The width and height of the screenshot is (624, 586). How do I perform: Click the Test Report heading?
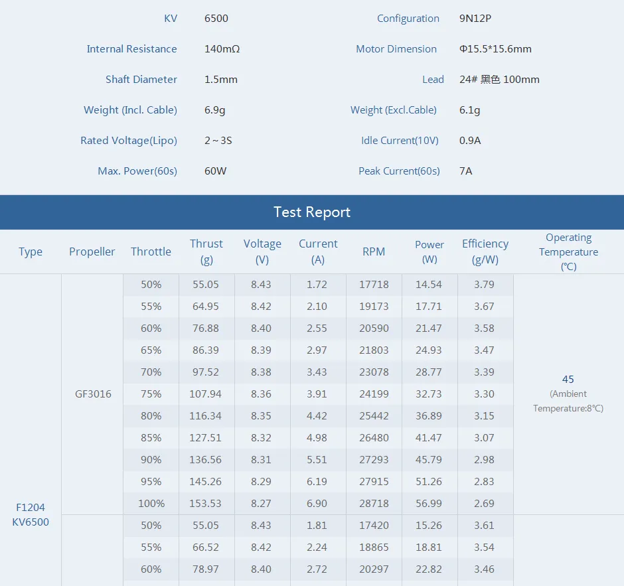312,212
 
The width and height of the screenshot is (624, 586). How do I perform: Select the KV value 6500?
216,19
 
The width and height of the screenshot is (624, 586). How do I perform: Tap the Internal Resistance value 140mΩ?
222,49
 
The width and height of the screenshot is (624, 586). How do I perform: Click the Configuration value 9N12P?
475,19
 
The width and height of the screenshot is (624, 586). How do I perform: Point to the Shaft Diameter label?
141,80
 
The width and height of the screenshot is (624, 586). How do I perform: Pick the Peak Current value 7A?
465,171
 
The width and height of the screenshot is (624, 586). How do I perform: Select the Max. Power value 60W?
215,171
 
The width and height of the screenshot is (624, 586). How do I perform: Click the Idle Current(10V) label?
400,141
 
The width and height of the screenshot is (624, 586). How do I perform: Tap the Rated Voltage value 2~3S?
218,141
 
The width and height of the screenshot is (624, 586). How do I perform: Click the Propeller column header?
92,252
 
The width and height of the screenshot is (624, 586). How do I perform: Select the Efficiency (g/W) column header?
485,252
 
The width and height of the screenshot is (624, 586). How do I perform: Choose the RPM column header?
374,252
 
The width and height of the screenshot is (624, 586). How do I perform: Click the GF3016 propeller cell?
93,394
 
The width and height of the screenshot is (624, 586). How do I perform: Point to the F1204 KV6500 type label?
31,514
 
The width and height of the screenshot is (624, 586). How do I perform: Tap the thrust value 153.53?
206,504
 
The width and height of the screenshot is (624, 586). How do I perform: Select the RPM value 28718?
374,504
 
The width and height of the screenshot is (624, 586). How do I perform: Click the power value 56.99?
429,504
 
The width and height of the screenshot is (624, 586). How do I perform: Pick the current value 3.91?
317,394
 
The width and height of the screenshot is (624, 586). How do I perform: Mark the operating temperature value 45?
568,380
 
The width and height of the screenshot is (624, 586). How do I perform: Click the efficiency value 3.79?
485,285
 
